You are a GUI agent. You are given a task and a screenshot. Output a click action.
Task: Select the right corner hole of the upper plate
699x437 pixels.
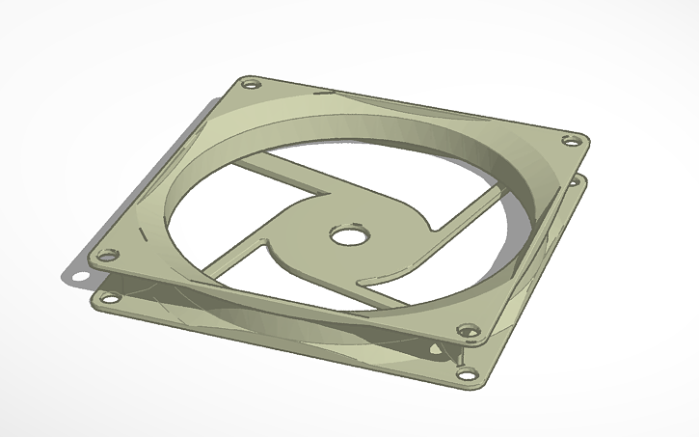(x=571, y=142)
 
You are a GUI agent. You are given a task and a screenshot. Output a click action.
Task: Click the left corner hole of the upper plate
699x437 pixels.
(x=108, y=257)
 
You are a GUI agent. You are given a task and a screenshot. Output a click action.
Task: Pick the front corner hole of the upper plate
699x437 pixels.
(x=470, y=333)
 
